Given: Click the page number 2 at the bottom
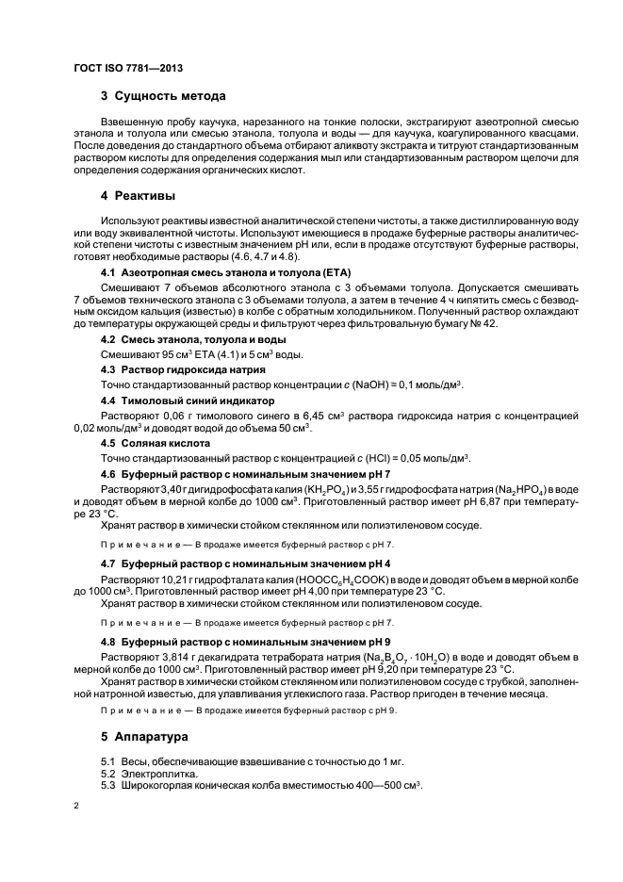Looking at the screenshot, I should pos(76,807).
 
